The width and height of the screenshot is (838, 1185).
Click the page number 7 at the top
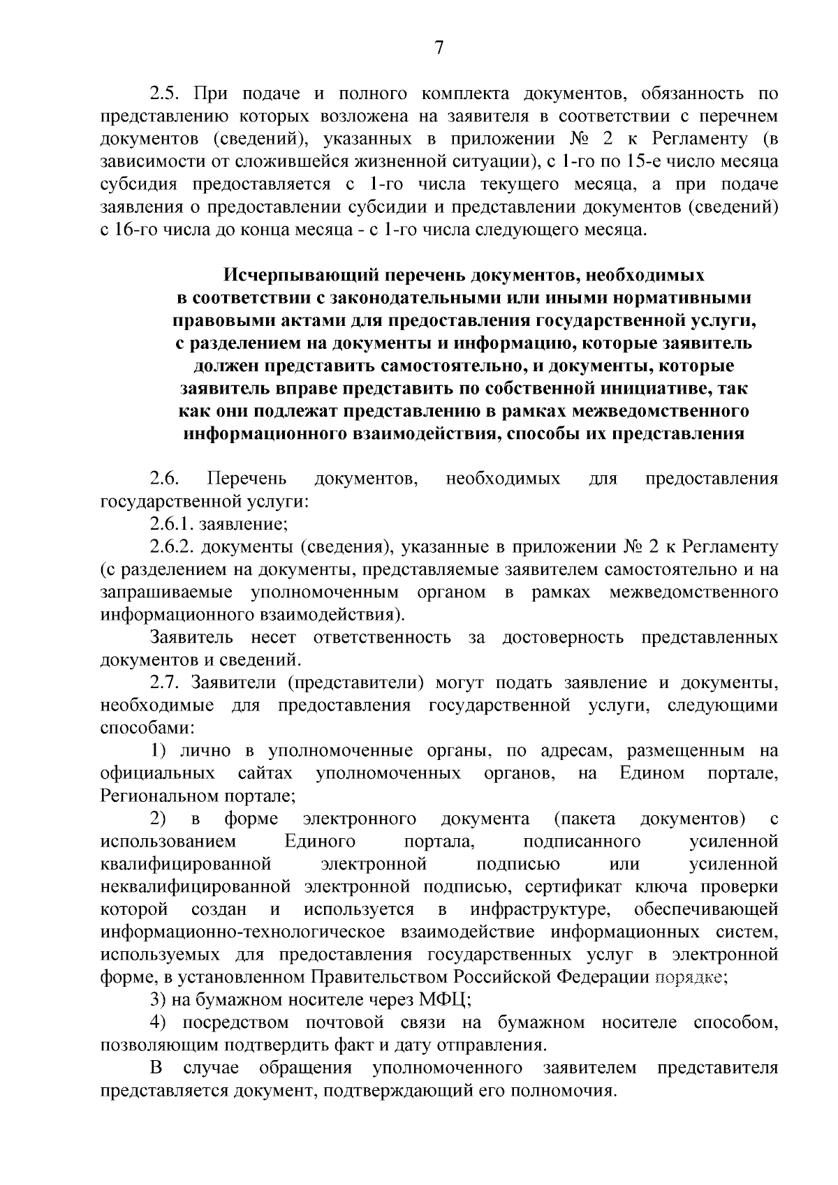439,47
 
